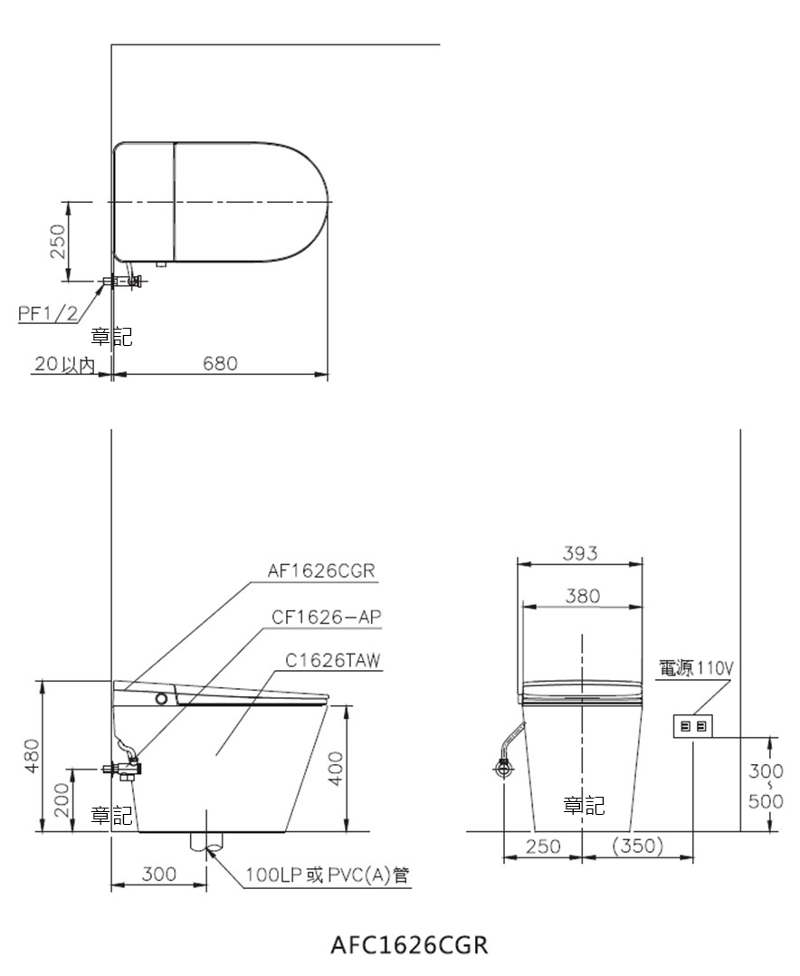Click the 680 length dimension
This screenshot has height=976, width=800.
click(x=220, y=363)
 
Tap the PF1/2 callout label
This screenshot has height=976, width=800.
click(x=48, y=313)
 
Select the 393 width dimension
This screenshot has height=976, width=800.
click(x=580, y=552)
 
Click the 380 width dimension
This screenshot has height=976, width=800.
click(x=583, y=596)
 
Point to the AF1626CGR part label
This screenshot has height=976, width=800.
click(x=321, y=570)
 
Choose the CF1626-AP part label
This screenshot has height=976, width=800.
click(x=327, y=617)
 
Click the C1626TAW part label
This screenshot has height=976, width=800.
click(x=333, y=660)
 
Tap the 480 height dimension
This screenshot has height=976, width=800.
click(x=32, y=755)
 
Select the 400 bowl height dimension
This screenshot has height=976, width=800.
click(x=336, y=769)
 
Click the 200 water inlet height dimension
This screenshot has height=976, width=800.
click(x=62, y=799)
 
